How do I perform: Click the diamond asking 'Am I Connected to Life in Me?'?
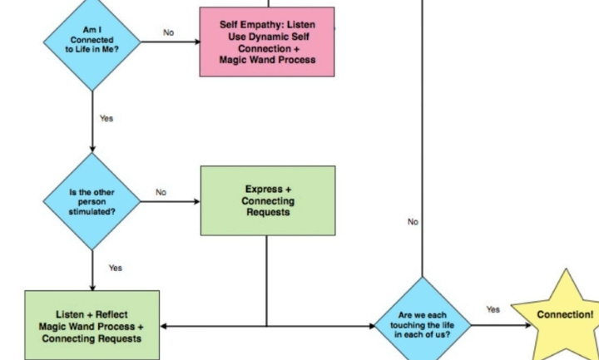click(x=92, y=40)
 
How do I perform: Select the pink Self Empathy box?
click(x=267, y=42)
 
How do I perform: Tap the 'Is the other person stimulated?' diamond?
click(x=92, y=201)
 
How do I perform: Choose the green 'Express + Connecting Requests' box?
click(x=268, y=200)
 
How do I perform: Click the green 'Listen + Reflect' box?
click(x=92, y=326)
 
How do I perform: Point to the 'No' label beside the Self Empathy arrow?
click(x=169, y=33)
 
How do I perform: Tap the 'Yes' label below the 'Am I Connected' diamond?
click(x=106, y=119)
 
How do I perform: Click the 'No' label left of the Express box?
click(x=161, y=193)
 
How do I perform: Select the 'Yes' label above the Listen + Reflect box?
click(x=115, y=268)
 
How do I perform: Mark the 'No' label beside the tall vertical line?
click(x=413, y=222)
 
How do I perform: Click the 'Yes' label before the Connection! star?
click(x=493, y=309)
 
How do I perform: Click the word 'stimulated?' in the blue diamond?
click(x=92, y=212)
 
